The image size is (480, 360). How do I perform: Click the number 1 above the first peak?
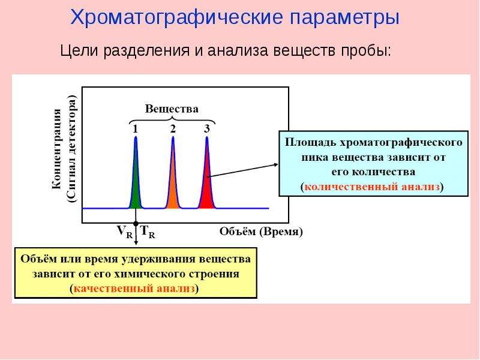coord(136,129)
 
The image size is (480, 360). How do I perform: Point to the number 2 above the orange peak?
coord(173,129)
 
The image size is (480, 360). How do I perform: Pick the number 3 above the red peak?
coord(207,129)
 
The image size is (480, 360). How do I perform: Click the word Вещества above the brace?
coord(172,109)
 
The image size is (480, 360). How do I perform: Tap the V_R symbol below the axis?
coord(125,232)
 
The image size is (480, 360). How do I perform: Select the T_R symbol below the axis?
coord(148,232)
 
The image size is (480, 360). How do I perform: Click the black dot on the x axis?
coord(136,224)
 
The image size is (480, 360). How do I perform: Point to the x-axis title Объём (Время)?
coord(261,232)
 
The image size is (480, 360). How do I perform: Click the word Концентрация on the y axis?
coord(57,149)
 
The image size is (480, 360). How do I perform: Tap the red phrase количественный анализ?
coord(372,187)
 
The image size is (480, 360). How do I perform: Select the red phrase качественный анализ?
coord(134,289)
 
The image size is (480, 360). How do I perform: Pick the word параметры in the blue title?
coord(344,18)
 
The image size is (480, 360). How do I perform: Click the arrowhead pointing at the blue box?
coord(275,164)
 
